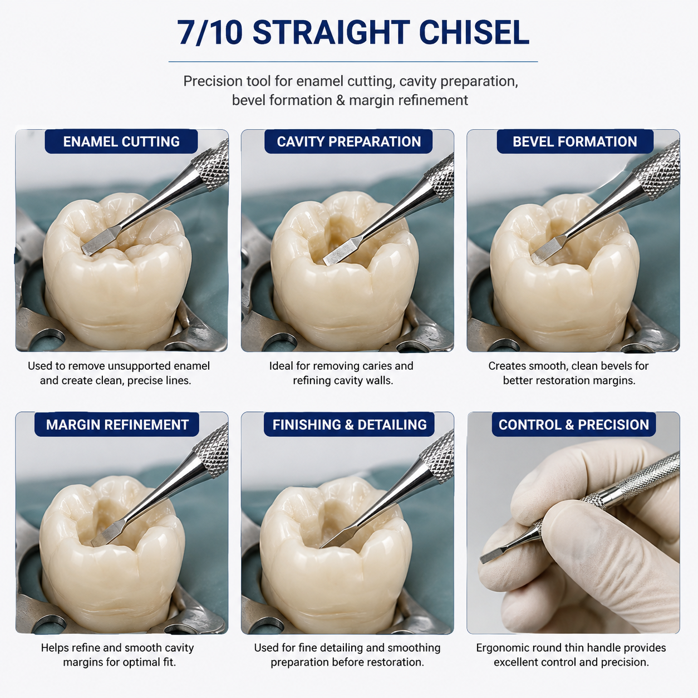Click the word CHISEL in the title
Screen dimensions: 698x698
[474, 33]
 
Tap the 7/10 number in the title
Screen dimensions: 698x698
[210, 33]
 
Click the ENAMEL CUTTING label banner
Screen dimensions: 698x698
[121, 141]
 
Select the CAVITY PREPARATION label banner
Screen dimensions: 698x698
[348, 141]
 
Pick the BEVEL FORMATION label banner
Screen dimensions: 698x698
[575, 141]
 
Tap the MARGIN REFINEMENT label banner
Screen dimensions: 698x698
[117, 424]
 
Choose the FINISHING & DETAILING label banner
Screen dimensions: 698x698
[349, 424]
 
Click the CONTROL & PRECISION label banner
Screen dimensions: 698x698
[574, 424]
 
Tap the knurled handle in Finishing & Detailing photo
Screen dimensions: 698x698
[438, 456]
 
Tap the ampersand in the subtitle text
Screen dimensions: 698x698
[340, 100]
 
